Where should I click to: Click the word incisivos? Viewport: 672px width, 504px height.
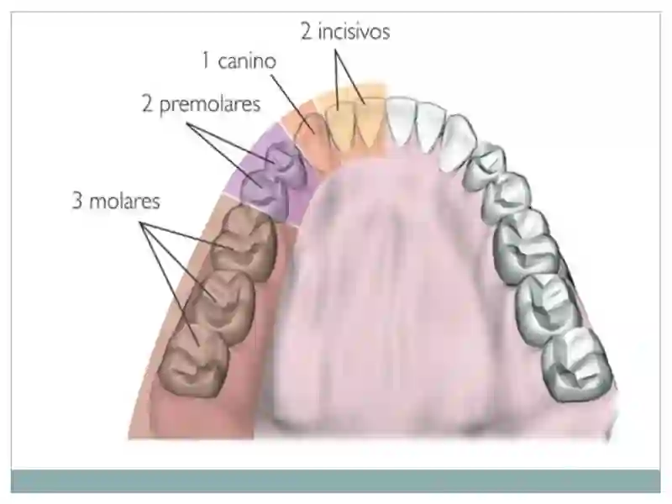click(354, 32)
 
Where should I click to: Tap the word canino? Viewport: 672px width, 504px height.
click(247, 61)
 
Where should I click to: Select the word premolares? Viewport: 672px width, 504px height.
click(210, 104)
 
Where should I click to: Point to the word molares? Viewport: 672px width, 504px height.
click(124, 201)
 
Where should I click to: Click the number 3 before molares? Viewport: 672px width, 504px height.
click(77, 201)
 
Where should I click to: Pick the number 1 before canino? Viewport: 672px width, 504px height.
click(206, 61)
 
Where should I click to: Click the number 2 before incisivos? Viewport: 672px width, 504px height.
click(306, 32)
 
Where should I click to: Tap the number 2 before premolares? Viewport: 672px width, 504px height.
click(148, 104)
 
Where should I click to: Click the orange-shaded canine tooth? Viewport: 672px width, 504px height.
click(311, 136)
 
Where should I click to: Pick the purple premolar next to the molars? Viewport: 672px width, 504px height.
click(262, 192)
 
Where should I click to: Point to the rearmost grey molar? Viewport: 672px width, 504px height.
click(576, 365)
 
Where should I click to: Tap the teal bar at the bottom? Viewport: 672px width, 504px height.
click(336, 480)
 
